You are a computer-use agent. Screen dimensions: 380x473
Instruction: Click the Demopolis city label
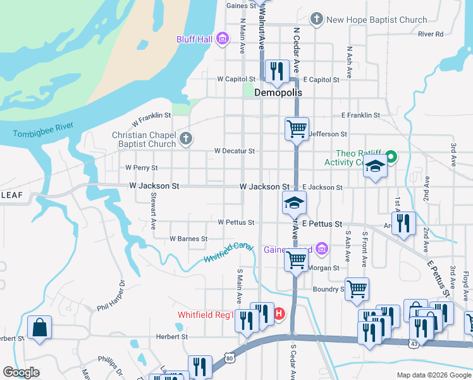278,92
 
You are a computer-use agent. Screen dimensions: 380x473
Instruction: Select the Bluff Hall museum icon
222,40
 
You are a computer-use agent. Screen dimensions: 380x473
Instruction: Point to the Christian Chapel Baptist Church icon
185,139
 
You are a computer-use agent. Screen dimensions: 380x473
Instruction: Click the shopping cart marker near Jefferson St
297,129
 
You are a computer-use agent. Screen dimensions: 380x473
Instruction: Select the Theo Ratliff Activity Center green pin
391,156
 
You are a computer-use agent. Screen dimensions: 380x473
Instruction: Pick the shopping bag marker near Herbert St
39,328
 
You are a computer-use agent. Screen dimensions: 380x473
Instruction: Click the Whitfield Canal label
228,253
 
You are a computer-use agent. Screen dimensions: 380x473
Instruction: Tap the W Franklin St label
151,118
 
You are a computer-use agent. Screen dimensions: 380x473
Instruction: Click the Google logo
21,372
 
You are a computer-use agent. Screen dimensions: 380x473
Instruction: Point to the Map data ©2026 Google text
433,374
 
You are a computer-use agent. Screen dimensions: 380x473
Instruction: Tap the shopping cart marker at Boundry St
357,289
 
